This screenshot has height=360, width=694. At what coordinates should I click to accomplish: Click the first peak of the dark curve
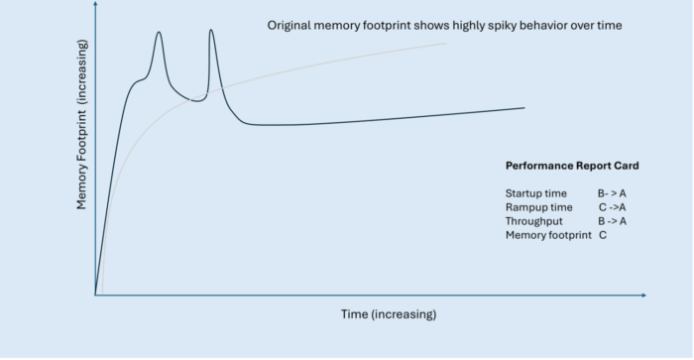[x=159, y=32]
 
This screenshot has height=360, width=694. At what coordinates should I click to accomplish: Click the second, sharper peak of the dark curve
[x=211, y=30]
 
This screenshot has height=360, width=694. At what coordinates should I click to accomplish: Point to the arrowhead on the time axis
[x=644, y=295]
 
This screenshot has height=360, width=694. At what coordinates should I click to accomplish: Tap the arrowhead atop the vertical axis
[x=95, y=4]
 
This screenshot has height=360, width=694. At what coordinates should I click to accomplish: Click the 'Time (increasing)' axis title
[x=389, y=314]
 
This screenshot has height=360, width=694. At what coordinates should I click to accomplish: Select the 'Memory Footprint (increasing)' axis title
[x=82, y=124]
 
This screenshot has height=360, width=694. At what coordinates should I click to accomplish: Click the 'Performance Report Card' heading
[x=572, y=166]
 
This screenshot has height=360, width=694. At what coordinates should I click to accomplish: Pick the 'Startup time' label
[x=536, y=193]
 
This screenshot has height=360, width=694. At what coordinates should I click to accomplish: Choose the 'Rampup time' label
[x=539, y=207]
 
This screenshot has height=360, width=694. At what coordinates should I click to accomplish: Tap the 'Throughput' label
[x=534, y=221]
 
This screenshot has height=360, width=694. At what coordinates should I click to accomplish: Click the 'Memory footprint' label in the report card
[x=548, y=235]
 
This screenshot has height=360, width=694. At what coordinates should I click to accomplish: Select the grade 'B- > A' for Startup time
[x=612, y=193]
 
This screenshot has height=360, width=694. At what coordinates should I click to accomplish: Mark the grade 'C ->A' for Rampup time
[x=612, y=207]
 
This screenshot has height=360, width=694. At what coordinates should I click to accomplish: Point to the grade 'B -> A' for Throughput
[x=612, y=221]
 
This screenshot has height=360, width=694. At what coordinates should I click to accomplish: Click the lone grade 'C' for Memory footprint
[x=603, y=235]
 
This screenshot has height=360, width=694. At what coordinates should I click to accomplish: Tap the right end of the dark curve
[x=524, y=107]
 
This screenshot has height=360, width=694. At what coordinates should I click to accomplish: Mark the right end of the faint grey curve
[x=446, y=44]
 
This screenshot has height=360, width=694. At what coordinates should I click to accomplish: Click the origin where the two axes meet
[x=95, y=295]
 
